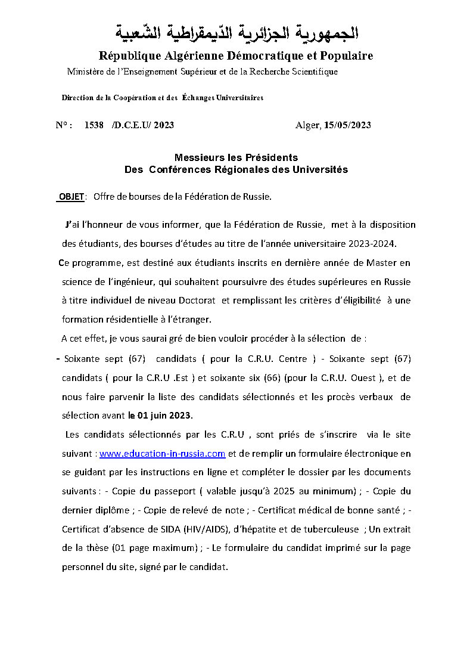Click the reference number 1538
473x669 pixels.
94,125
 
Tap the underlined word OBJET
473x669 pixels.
71,197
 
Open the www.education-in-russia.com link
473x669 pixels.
162,454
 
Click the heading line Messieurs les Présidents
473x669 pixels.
236,157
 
